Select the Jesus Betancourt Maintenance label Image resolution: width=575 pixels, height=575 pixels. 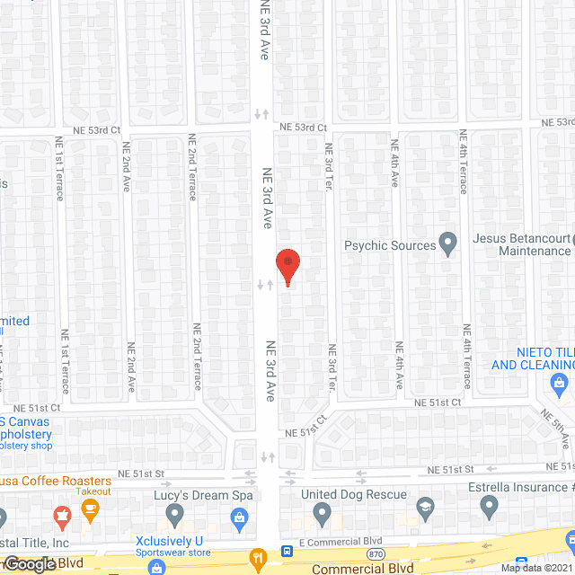click(522, 245)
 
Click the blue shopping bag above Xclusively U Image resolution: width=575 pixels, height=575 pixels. click(240, 517)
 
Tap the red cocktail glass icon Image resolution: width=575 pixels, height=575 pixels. click(63, 516)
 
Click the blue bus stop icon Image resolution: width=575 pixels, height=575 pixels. click(286, 551)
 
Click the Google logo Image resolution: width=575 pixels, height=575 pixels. click(30, 564)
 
